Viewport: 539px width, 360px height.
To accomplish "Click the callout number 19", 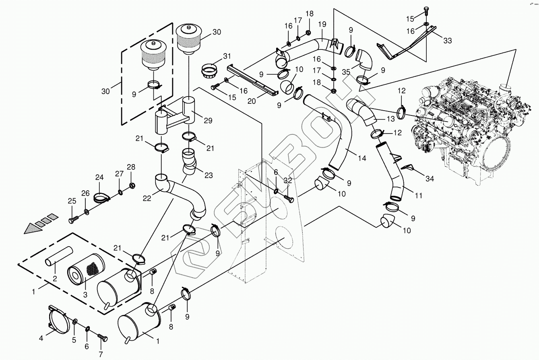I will [322, 24].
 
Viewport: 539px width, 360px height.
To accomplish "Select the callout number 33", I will [448, 41].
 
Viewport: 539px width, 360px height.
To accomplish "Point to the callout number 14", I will [362, 158].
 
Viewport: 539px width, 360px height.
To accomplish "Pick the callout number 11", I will [419, 196].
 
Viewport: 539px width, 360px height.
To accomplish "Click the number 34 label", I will [430, 179].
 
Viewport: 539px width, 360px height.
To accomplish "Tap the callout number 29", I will [208, 121].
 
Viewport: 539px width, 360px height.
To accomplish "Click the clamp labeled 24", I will [102, 197].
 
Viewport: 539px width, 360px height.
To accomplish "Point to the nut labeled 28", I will [132, 186].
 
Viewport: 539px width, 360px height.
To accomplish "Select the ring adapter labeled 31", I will [209, 72].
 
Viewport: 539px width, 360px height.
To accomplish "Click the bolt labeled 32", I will [289, 197].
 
